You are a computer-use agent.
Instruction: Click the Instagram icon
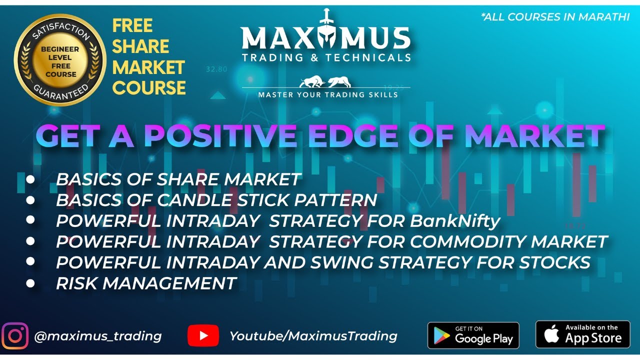[15, 336]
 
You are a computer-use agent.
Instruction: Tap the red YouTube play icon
[203, 336]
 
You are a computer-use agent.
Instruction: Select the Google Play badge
[473, 335]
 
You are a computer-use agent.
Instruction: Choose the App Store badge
[582, 334]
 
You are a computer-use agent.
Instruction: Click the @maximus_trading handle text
[97, 336]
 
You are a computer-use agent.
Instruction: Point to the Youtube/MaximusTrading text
[313, 336]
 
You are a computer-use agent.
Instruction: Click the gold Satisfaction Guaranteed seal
[59, 60]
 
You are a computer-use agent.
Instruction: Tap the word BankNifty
[455, 220]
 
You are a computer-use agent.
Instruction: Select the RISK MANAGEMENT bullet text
[146, 283]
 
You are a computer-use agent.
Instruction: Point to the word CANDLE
[190, 200]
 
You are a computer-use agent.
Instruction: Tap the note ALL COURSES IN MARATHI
[555, 17]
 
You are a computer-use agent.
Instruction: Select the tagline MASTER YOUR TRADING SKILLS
[328, 94]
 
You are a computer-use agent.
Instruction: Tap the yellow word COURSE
[149, 88]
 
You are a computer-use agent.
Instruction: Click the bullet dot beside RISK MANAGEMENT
[31, 283]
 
